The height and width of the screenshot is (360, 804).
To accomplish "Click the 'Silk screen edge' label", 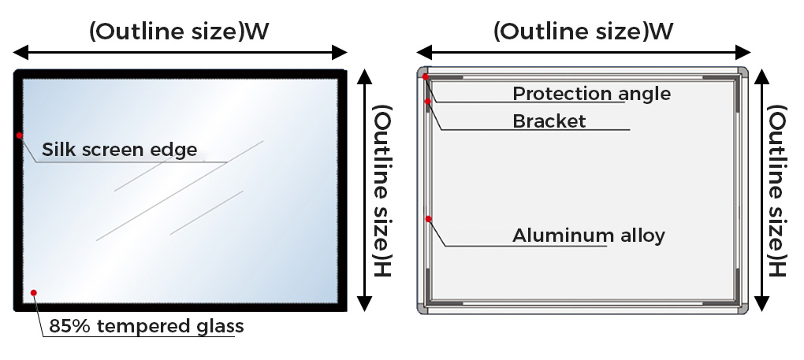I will pos(119,149).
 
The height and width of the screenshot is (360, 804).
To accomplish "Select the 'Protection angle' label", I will pos(591,94).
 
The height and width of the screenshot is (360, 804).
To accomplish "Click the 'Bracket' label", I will pos(549,121).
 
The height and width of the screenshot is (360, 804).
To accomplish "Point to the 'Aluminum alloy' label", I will pos(589,235).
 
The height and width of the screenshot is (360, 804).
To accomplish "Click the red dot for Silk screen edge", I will pos(20,135).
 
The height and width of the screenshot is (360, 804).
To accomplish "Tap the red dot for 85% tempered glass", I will pos(34,293).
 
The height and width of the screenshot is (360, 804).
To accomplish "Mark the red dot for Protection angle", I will pos(426,77).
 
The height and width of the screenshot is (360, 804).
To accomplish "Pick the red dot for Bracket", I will pos(428,101).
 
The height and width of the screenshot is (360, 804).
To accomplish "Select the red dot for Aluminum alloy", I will pos(428,219).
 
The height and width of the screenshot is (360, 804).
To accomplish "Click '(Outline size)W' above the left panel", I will pos(179,32).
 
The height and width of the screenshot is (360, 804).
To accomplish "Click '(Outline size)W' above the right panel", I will pos(583,32).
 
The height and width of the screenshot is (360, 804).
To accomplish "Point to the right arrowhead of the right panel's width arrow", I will pos(746,53).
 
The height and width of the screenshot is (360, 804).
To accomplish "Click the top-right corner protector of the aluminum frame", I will pos(741,72).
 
